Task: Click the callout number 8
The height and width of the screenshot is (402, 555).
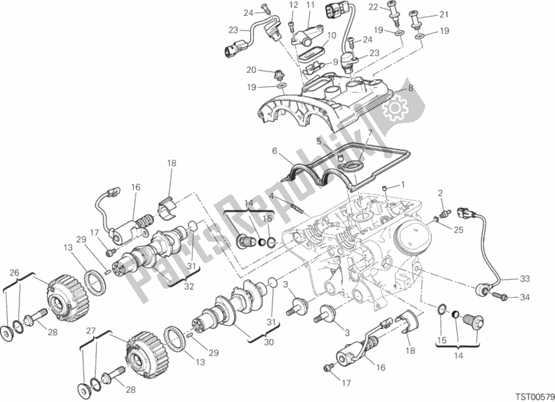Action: click(411, 88)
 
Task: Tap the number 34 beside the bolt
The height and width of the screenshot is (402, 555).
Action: click(525, 299)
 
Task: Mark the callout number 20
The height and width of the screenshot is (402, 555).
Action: click(250, 69)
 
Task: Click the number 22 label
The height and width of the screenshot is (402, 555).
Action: click(392, 6)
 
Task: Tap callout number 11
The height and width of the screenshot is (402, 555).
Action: click(310, 6)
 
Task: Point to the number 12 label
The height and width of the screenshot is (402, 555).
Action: click(292, 6)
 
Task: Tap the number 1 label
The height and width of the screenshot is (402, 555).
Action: click(401, 185)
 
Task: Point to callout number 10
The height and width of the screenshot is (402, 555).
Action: click(332, 35)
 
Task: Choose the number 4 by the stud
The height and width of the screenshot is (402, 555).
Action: click(272, 196)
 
